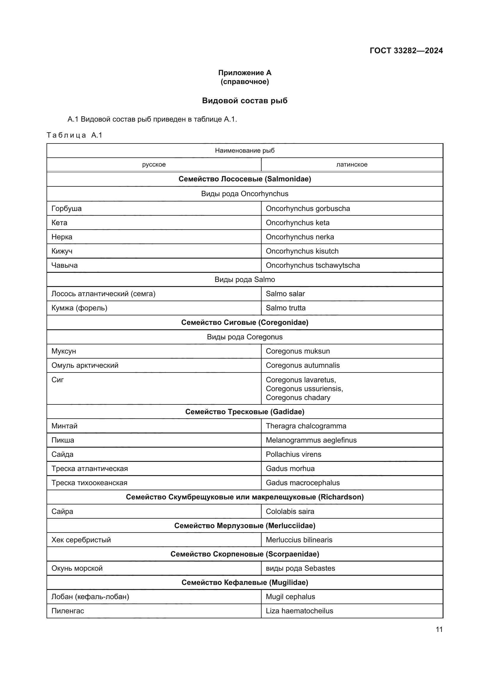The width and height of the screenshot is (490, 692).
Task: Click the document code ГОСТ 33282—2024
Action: (406, 51)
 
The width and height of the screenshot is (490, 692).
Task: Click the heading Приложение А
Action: (245, 73)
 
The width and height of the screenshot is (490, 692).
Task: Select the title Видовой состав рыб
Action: (245, 101)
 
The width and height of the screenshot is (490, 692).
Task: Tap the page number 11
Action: (439, 629)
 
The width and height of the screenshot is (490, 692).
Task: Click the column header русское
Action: (154, 164)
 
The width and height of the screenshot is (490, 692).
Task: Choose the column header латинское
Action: (352, 164)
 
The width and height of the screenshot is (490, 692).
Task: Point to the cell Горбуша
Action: (66, 209)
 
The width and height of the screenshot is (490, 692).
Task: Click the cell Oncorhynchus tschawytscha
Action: (313, 265)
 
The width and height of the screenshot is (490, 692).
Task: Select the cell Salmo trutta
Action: (285, 308)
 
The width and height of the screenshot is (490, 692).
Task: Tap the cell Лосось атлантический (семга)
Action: (103, 294)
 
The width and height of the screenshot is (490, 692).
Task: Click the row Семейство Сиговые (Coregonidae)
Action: (245, 322)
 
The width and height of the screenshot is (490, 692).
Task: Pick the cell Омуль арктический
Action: (85, 365)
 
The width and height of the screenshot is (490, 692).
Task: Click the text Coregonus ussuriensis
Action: (304, 389)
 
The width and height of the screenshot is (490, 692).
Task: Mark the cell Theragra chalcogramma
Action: (306, 426)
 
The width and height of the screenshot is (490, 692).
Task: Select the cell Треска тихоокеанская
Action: (89, 483)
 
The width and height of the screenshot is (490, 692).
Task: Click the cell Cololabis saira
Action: (290, 512)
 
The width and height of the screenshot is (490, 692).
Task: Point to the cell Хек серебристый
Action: (81, 540)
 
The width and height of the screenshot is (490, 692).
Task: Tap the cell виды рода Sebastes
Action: (300, 568)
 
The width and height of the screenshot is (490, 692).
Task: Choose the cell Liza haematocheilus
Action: (299, 611)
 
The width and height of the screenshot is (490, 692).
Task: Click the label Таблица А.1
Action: (75, 135)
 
